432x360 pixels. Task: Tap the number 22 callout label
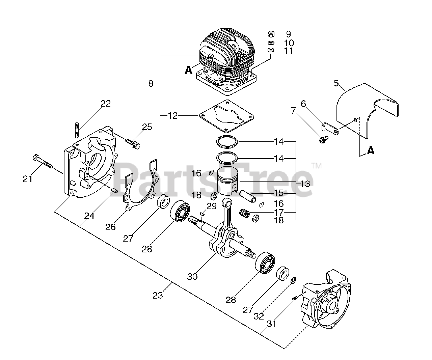point(105,104)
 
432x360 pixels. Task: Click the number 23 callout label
point(158,295)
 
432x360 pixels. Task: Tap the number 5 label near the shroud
point(336,83)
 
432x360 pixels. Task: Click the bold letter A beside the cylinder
point(188,70)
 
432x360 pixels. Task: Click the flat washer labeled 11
point(271,50)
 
